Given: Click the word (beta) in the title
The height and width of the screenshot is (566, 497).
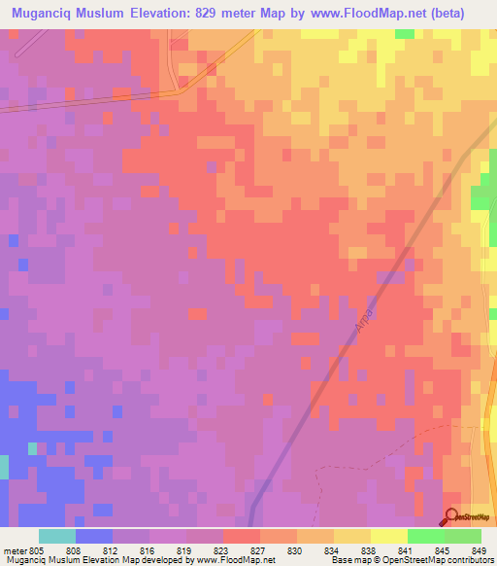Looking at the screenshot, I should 447,13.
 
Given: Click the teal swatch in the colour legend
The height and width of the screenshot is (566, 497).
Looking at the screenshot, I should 57,536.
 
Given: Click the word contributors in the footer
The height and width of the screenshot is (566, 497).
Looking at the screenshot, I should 468,560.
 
